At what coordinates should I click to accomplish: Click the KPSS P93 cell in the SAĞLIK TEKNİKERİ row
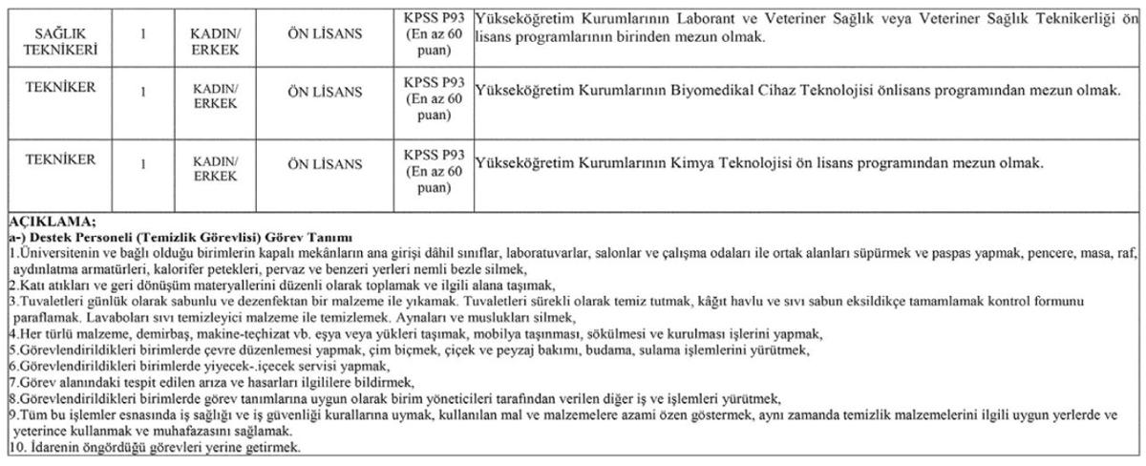click(434, 36)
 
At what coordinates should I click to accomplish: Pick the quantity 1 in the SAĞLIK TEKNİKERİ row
click(142, 35)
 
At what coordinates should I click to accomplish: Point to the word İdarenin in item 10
click(47, 447)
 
